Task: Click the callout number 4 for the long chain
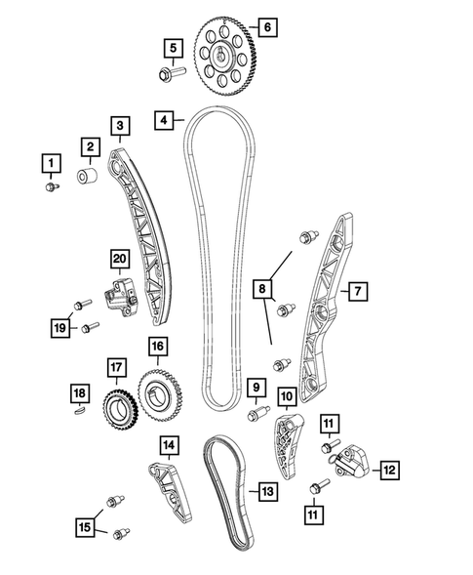click(x=165, y=120)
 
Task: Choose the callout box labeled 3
click(x=119, y=126)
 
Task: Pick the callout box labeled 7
click(x=358, y=291)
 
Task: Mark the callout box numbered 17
click(x=116, y=367)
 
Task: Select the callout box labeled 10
click(x=287, y=396)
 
